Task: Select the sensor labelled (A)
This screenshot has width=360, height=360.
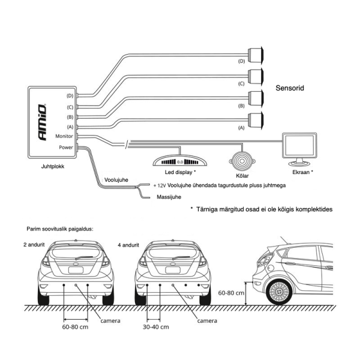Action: click(257, 119)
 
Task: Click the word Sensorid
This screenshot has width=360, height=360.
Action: click(290, 88)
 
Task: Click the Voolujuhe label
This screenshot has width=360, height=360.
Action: click(117, 178)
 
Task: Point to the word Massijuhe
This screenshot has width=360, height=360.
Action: click(169, 196)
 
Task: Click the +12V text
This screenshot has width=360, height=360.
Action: click(160, 186)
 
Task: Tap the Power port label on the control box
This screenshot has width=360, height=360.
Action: click(66, 147)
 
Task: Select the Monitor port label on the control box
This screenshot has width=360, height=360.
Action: click(64, 136)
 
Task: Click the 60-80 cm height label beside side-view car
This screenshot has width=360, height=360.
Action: click(231, 293)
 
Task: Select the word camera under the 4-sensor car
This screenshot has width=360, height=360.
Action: click(207, 320)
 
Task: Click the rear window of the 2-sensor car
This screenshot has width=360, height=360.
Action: click(77, 254)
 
